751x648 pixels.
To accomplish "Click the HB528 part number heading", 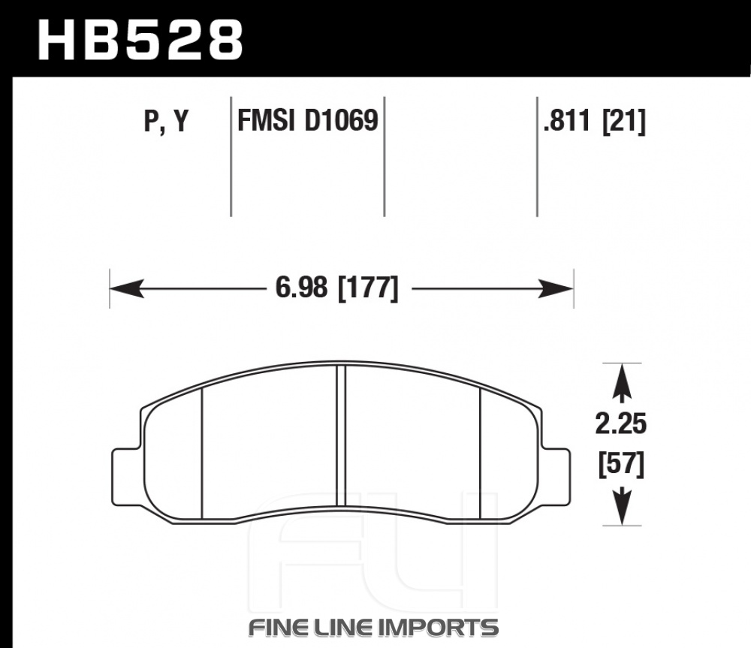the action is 140,41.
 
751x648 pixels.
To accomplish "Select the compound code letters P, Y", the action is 167,121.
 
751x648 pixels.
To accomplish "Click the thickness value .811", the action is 566,120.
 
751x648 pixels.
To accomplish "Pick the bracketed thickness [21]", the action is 623,121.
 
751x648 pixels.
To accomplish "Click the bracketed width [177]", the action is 368,288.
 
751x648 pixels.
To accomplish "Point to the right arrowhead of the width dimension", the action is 556,288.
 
